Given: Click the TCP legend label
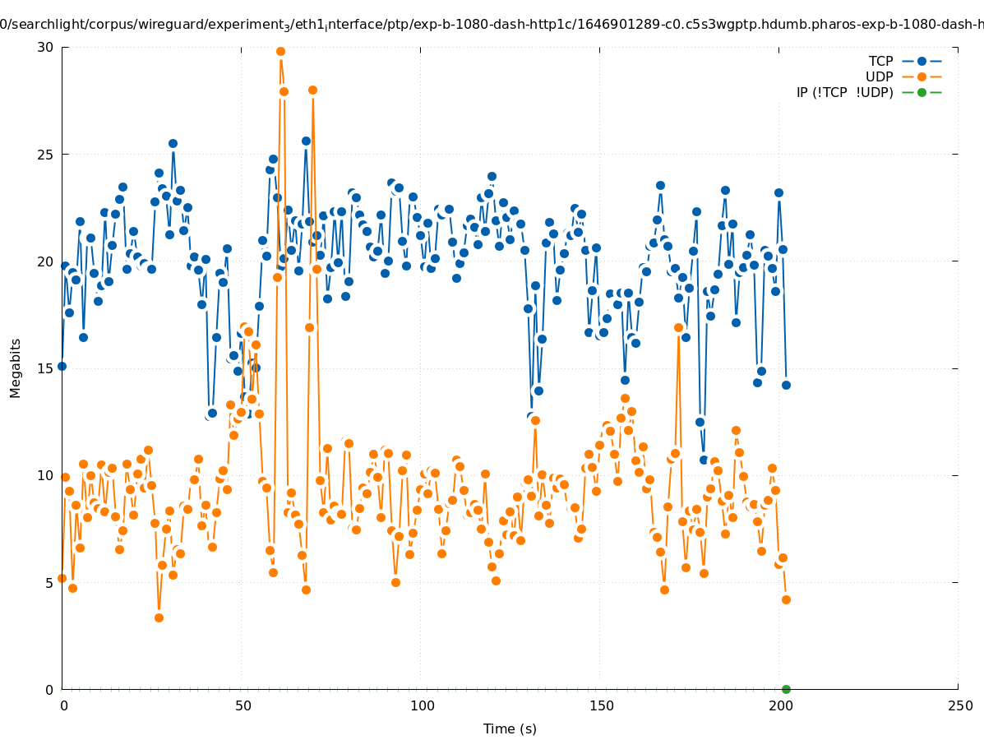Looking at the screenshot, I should pos(881,61).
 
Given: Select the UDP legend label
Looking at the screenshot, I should pos(880,76).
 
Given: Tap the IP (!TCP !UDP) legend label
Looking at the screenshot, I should pos(844,92).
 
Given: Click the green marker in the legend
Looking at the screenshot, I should pos(922,92).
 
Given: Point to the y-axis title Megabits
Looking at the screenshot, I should pos(16,368).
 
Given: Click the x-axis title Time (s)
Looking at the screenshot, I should pos(510,728).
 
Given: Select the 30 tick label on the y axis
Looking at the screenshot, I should pos(45,47).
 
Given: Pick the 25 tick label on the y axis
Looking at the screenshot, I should pos(45,154).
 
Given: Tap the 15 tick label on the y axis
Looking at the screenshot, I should pos(45,368).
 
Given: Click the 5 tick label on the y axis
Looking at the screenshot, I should pos(49,582).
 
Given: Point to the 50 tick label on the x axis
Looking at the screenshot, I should pos(243,705).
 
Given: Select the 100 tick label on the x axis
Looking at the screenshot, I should pos(422,705).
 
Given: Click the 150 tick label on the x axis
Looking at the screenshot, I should pos(601,705).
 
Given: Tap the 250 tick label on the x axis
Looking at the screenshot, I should pos(959,705).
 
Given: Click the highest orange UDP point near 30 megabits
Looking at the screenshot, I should pos(280,51).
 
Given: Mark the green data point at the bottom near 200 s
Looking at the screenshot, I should pos(786,689).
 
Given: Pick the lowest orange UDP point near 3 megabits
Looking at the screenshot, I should pos(159,617).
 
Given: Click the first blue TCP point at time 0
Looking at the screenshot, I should pos(62,366).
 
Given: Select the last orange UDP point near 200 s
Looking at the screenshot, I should pos(786,599).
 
